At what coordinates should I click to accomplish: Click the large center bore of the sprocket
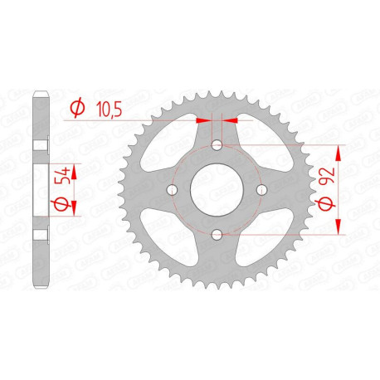[x=217, y=191]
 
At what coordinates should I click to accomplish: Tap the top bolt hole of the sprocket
[x=217, y=146]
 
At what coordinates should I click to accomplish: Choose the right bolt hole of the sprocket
[x=261, y=191]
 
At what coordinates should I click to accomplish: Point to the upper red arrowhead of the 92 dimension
[x=340, y=151]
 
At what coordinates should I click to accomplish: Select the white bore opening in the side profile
[x=39, y=191]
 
